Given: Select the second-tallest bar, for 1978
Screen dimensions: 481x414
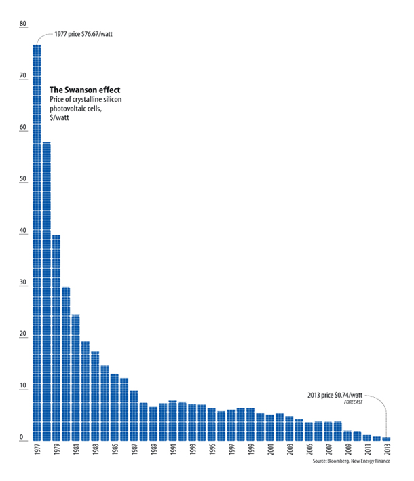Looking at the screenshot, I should pos(46,292).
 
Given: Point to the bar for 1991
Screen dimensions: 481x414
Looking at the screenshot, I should pos(172,421).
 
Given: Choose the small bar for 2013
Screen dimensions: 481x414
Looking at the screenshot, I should pos(385,439).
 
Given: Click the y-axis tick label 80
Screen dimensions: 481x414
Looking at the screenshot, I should pos(24,24).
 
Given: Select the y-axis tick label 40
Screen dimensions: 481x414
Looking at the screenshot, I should pos(24,231).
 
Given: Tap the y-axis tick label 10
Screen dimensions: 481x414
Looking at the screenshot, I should pos(24,385).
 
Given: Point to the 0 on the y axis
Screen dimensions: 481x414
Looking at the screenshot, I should pos(24,437).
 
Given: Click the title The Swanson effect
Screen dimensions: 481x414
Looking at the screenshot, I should pos(85,90).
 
